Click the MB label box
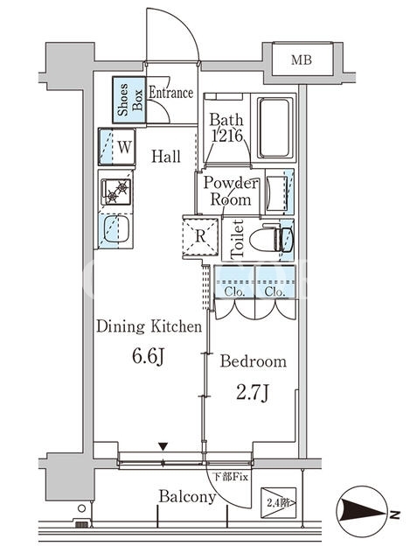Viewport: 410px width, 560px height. tap(302, 59)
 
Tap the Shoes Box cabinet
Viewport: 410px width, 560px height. tap(129, 100)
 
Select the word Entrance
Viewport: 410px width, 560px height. tap(171, 93)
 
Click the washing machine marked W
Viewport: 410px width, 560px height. tap(117, 147)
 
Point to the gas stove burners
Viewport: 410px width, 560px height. tap(116, 192)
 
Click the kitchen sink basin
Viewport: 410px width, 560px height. tap(116, 229)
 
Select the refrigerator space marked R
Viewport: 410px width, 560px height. tap(200, 235)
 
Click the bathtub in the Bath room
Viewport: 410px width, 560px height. tap(274, 128)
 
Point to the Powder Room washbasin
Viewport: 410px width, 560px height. tap(276, 192)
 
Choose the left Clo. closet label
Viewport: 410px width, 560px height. tap(234, 292)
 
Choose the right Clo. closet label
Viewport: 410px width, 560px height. tap(274, 292)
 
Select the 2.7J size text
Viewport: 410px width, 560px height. tap(253, 393)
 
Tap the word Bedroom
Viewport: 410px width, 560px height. tap(253, 361)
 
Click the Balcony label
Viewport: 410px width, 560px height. tap(187, 497)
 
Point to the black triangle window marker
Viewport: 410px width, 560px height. tap(163, 446)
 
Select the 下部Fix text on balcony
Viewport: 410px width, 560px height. tap(230, 477)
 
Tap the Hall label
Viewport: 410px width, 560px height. tap(166, 157)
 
